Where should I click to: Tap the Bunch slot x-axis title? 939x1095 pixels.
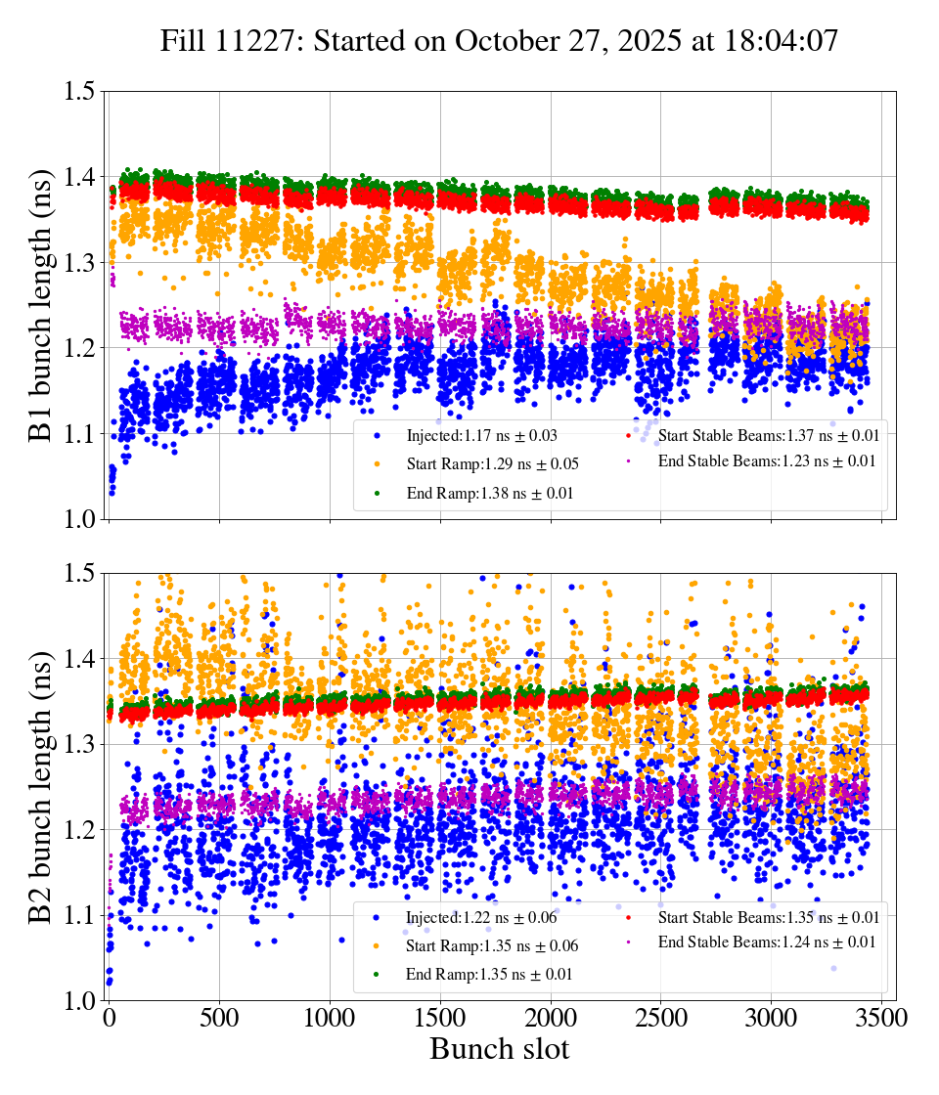(499, 1049)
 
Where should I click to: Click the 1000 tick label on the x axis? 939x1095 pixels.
(330, 1018)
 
